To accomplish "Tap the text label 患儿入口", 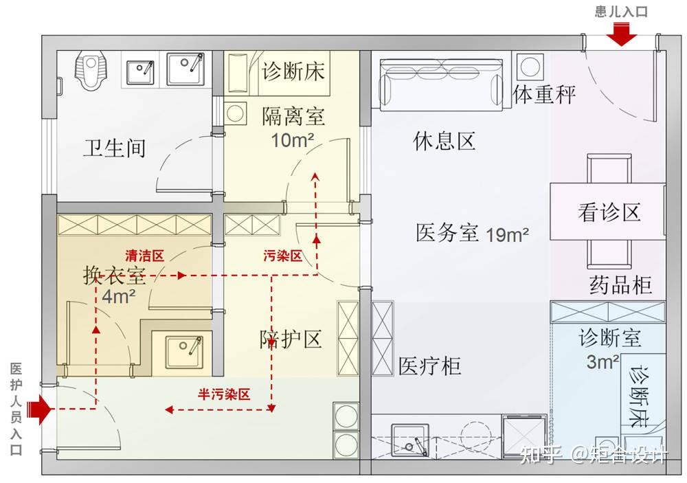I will tap(621, 11).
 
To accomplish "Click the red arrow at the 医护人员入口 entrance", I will tap(42, 411).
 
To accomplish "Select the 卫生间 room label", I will tap(114, 148).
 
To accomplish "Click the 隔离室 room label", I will tap(293, 116).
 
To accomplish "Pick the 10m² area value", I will tap(293, 140).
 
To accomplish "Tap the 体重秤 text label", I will tap(545, 94).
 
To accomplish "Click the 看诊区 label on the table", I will tap(609, 212).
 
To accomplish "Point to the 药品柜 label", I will tap(620, 284).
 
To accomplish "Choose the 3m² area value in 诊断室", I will tap(603, 362).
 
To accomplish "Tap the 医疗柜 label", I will tap(429, 366).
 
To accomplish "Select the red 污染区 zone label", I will tap(282, 256).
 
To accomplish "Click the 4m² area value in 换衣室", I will tap(118, 297).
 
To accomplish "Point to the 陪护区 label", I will tap(291, 339).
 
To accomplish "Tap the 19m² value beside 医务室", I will tap(508, 234).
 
